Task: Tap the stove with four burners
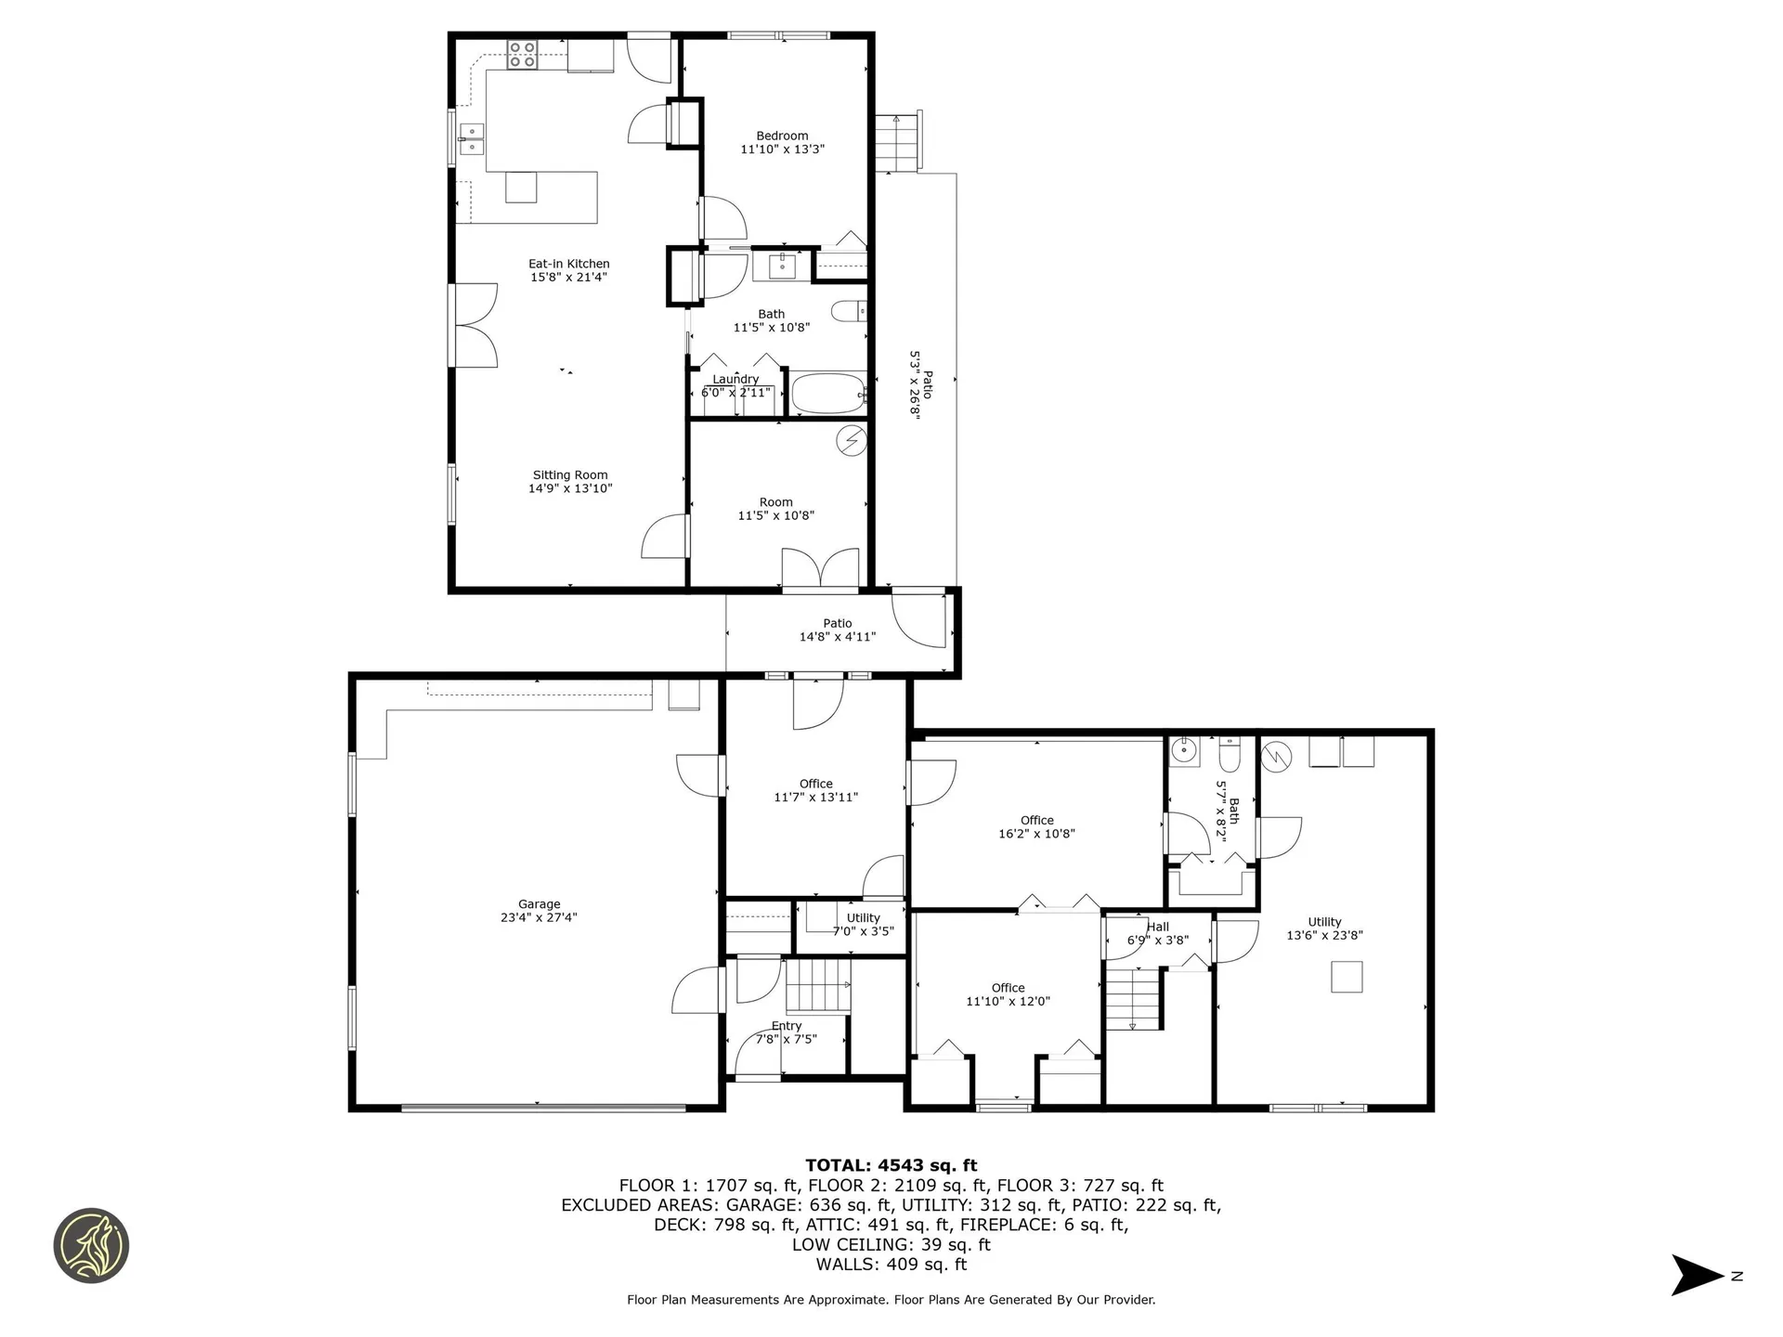click(522, 55)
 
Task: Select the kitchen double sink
click(472, 139)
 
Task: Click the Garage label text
click(539, 904)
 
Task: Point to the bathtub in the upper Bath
click(827, 395)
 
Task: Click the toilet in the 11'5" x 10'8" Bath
click(846, 311)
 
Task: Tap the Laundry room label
click(735, 379)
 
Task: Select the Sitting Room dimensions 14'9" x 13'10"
click(570, 488)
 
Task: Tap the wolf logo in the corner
click(91, 1245)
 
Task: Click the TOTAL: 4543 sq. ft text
click(891, 1165)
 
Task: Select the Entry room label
click(786, 1026)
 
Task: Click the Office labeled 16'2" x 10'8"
click(1036, 826)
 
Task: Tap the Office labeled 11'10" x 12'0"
click(1008, 994)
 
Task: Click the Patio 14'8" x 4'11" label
click(837, 630)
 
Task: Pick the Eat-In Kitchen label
click(568, 264)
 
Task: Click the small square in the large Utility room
click(1347, 977)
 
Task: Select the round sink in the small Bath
click(1183, 749)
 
